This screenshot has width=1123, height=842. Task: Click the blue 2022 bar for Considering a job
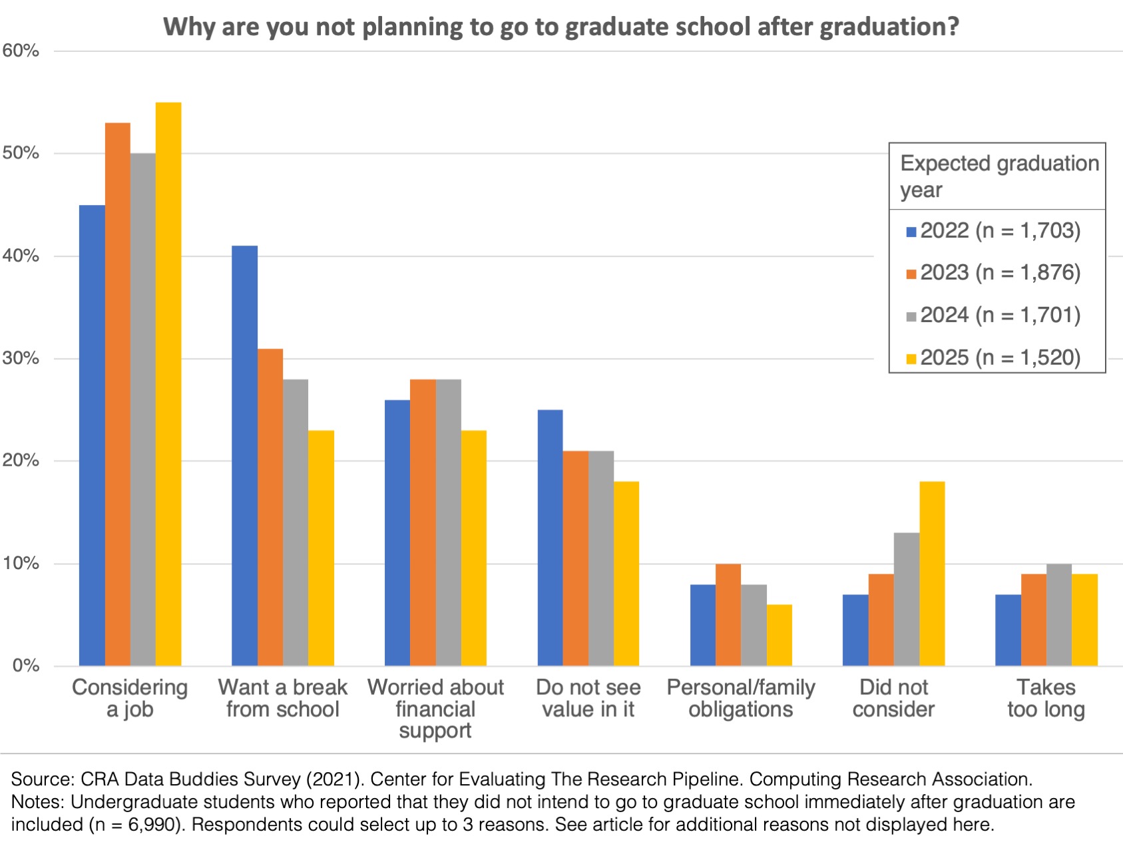coord(92,435)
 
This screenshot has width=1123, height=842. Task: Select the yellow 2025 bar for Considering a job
coord(168,384)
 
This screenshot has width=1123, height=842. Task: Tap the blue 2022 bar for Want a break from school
coord(244,456)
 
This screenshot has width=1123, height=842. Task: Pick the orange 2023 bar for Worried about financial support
coord(423,523)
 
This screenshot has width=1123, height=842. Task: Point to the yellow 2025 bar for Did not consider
coord(932,574)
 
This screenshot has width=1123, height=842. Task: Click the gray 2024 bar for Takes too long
coord(1059,615)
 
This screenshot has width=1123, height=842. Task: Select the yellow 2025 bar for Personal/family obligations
coord(780,635)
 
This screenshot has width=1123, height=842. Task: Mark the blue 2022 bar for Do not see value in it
coord(550,538)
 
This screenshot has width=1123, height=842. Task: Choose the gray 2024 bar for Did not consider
coord(907,599)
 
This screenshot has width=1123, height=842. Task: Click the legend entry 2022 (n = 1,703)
coord(993,231)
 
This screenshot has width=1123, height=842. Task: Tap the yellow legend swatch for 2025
coord(911,359)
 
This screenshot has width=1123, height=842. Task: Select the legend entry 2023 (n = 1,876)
coord(993,273)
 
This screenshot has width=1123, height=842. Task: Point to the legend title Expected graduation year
coord(999,176)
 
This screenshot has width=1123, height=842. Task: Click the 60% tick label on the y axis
coord(21,51)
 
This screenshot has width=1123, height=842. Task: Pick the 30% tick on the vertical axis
coord(21,359)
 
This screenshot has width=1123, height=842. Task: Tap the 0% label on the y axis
coord(26,666)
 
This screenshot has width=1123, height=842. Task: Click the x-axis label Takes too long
coord(1046,698)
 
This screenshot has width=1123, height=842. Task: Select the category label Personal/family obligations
coord(741,698)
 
